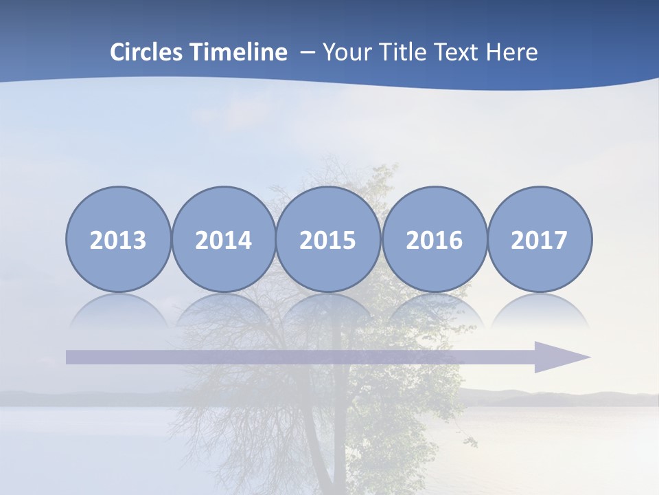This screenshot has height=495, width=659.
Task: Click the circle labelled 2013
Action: pyautogui.click(x=118, y=239)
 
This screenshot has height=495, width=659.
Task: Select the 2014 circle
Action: pyautogui.click(x=224, y=239)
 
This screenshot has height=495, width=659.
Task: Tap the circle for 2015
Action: pyautogui.click(x=328, y=239)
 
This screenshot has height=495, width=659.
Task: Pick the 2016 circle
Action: pyautogui.click(x=435, y=239)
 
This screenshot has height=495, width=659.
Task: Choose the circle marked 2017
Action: pyautogui.click(x=540, y=239)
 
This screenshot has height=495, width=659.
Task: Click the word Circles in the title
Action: pyautogui.click(x=147, y=52)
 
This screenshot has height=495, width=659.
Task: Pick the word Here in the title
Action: pyautogui.click(x=511, y=52)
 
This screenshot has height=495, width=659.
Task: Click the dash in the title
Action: pyautogui.click(x=308, y=53)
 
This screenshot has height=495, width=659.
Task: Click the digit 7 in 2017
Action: pyautogui.click(x=560, y=240)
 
